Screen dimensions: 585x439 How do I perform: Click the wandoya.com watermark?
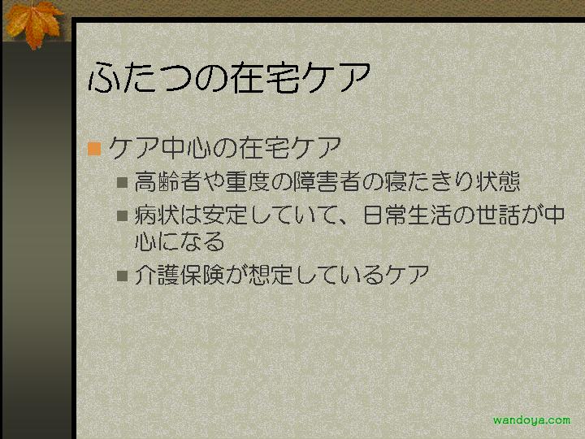pyautogui.click(x=531, y=421)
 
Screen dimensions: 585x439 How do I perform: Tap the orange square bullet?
pyautogui.click(x=94, y=149)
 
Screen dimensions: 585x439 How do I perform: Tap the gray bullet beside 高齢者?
pyautogui.click(x=123, y=183)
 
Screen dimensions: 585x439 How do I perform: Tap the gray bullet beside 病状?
pyautogui.click(x=123, y=215)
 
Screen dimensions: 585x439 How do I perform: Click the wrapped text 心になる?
pyautogui.click(x=180, y=241)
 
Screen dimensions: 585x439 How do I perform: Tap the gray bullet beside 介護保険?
pyautogui.click(x=123, y=276)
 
